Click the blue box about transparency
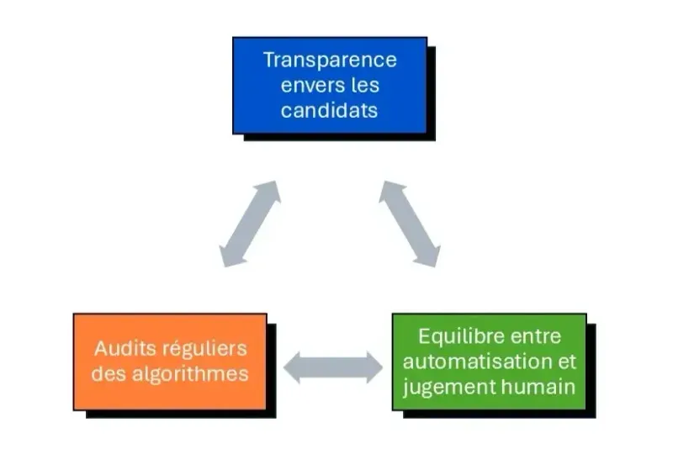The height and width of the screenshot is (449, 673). [330, 85]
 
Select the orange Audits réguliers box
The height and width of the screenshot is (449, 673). [170, 361]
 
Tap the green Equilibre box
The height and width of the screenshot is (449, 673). [489, 361]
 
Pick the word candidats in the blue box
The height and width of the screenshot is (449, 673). [330, 109]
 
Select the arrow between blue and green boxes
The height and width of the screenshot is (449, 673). [409, 222]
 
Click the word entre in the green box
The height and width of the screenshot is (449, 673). [535, 336]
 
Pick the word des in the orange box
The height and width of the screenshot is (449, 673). [107, 373]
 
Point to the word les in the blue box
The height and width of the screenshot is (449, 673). [363, 85]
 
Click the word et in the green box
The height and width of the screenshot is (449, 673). [568, 362]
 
